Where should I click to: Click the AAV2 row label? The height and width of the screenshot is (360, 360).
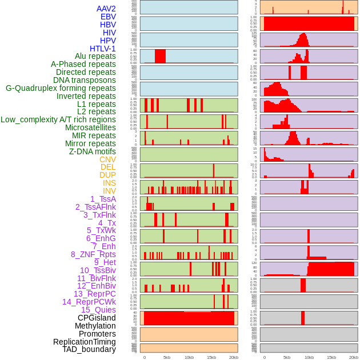(106, 9)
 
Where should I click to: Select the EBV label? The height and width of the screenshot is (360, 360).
(108, 17)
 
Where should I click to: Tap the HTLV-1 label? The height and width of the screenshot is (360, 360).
(103, 49)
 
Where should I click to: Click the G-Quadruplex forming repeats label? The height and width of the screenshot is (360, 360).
(61, 88)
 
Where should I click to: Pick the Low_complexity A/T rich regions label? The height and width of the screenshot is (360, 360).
(58, 119)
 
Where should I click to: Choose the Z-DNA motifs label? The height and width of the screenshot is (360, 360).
(93, 151)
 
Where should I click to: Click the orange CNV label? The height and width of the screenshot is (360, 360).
(107, 159)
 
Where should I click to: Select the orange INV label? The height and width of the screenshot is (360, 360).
(109, 191)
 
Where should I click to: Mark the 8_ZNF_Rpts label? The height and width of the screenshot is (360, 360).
(93, 254)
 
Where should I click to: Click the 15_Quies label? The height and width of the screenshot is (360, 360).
(98, 310)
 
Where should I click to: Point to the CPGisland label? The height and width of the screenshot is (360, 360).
(97, 318)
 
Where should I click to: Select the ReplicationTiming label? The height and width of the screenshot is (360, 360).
(85, 342)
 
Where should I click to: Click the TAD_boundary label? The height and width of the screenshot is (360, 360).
(89, 349)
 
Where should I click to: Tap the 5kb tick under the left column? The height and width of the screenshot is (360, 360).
(167, 357)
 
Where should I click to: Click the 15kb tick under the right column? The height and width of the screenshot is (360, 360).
(331, 357)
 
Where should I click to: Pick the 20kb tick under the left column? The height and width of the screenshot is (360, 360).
(234, 357)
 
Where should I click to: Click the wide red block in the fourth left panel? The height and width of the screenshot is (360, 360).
(161, 56)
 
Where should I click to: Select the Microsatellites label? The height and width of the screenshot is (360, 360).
(90, 127)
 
